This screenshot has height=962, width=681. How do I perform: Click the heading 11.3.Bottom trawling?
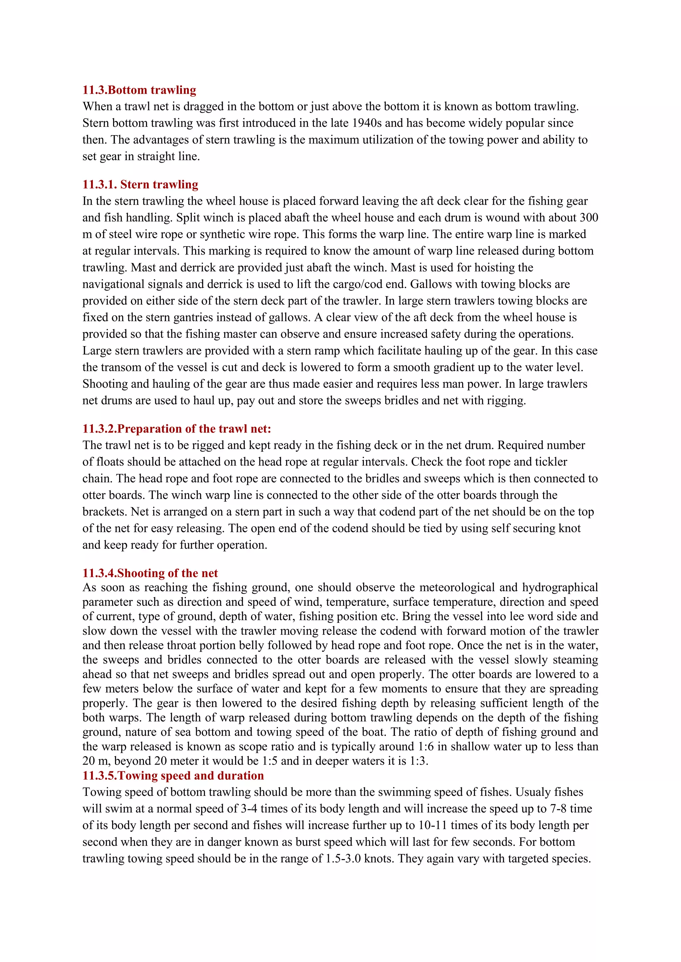tap(139, 90)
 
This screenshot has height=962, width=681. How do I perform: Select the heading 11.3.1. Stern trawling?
tap(140, 184)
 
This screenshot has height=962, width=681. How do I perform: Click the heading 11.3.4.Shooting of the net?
tap(150, 573)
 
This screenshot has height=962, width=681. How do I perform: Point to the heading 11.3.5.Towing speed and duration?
tap(173, 776)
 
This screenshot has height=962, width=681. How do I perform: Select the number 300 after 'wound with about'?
tap(589, 218)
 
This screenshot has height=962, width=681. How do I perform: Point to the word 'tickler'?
tap(551, 462)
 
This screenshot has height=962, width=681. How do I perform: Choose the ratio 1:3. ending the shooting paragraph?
tap(419, 761)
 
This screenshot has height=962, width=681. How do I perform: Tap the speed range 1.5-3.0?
tap(343, 858)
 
